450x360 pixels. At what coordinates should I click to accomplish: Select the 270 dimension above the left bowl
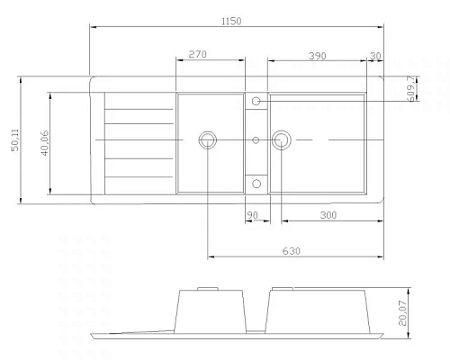pyautogui.click(x=198, y=55)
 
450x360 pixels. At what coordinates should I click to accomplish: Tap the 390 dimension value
pyautogui.click(x=317, y=56)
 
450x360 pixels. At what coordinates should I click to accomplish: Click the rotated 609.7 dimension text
pyautogui.click(x=411, y=87)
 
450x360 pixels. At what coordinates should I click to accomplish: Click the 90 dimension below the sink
pyautogui.click(x=252, y=215)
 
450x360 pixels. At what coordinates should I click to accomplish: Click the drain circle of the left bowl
pyautogui.click(x=208, y=139)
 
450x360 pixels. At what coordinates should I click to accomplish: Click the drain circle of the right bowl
pyautogui.click(x=281, y=139)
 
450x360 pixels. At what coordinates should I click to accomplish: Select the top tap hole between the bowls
pyautogui.click(x=256, y=101)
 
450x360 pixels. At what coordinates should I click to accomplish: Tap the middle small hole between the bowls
pyautogui.click(x=256, y=139)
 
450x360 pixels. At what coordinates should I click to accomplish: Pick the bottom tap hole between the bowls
pyautogui.click(x=256, y=184)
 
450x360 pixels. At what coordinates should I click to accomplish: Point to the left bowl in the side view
pyautogui.click(x=213, y=311)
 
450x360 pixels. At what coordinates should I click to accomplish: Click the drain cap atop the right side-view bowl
pyautogui.click(x=280, y=289)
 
